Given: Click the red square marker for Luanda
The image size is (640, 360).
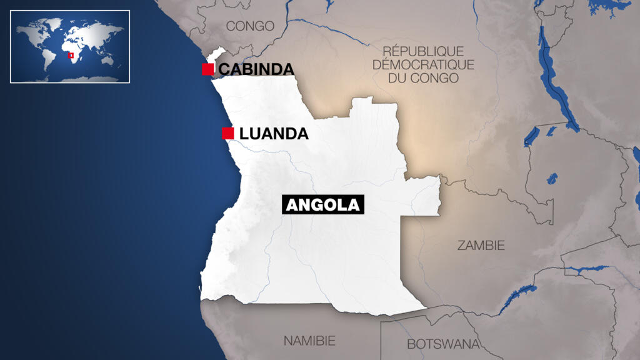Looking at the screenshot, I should [228, 133].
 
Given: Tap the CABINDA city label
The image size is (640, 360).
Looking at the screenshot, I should [256, 69].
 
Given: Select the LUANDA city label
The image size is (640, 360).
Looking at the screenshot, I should [274, 134].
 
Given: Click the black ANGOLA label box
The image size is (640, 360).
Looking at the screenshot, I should [323, 205].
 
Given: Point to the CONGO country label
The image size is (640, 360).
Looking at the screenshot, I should [250, 26].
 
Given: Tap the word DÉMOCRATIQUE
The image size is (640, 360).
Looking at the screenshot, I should [423, 64].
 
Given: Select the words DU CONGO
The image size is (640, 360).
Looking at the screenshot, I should [423, 78].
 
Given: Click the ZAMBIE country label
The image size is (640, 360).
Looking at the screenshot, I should [481, 246].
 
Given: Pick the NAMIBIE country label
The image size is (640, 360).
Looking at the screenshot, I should [309, 341].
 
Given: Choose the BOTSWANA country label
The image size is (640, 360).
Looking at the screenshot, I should [443, 344].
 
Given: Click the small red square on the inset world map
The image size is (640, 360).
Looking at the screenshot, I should [71, 56].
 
